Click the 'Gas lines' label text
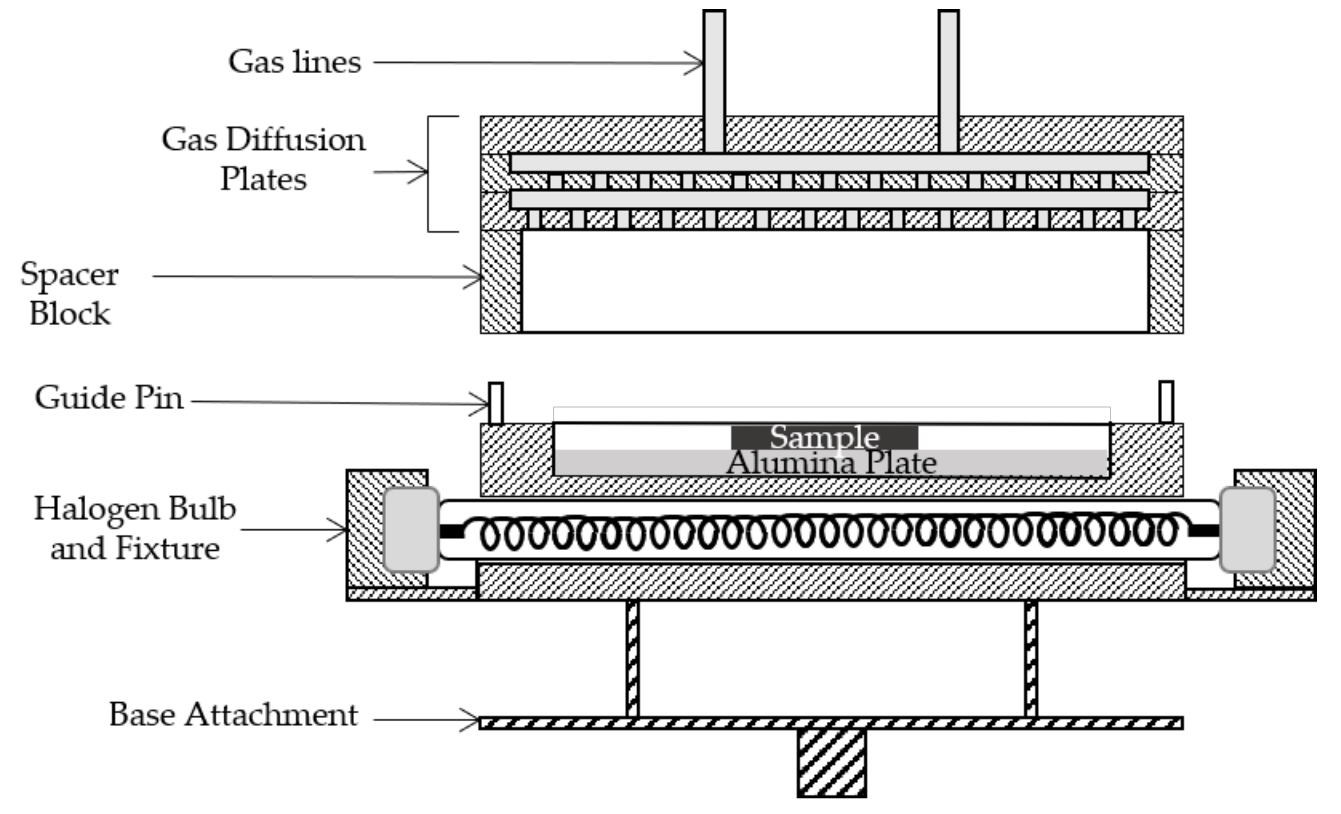pyautogui.click(x=294, y=61)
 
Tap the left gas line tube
pyautogui.click(x=714, y=82)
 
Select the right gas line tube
pyautogui.click(x=949, y=82)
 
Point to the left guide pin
pyautogui.click(x=496, y=403)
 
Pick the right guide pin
pyautogui.click(x=1166, y=402)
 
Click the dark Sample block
pyautogui.click(x=824, y=437)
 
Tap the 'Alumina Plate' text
pyautogui.click(x=831, y=463)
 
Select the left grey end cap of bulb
pyautogui.click(x=411, y=530)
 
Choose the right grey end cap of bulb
pyautogui.click(x=1248, y=530)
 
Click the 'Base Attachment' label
pyautogui.click(x=233, y=714)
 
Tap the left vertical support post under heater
pyautogui.click(x=632, y=659)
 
